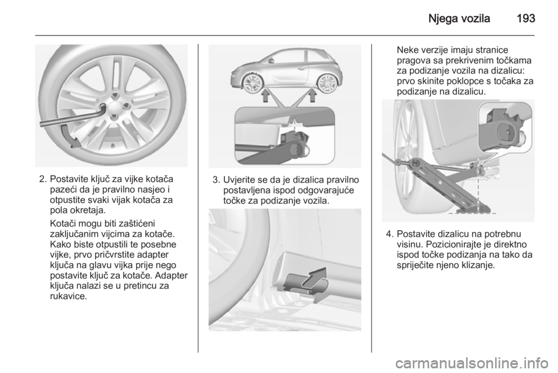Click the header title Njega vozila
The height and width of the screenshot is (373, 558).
point(459,19)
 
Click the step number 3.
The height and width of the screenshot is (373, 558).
point(216,180)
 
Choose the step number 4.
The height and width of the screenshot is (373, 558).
point(389,234)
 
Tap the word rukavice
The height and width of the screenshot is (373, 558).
point(69,296)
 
